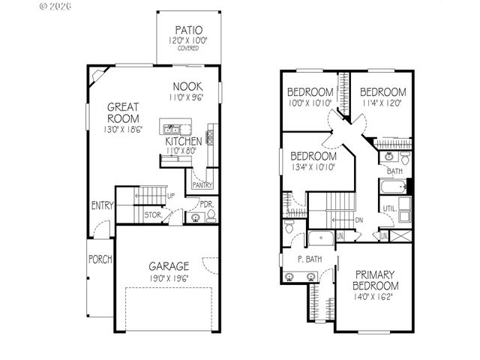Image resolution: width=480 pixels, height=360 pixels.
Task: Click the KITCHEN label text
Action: pos(182,141)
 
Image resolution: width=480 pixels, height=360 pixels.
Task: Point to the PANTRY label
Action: pos(202,184)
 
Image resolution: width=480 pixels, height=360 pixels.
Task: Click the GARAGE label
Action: pos(168,266)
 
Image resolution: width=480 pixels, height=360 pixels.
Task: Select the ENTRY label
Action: pos(102,205)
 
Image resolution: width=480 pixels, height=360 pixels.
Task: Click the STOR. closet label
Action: pos(154,214)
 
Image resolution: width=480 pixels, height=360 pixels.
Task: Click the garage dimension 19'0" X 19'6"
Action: pos(168,278)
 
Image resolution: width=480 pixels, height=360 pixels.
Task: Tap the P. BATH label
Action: pos(310,259)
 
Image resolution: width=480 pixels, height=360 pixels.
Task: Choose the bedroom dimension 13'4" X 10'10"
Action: pos(312,166)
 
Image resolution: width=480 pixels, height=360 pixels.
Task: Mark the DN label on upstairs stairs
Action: pos(358,220)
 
